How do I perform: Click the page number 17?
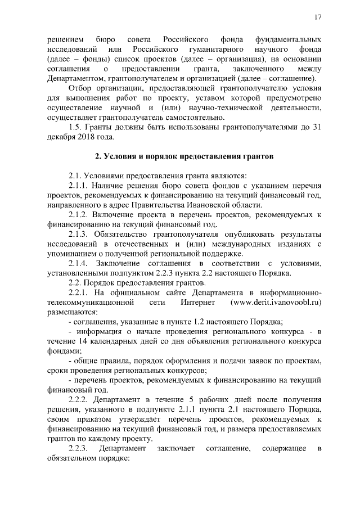pyautogui.click(x=318, y=17)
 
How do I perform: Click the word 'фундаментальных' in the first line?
pyautogui.click(x=288, y=40)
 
